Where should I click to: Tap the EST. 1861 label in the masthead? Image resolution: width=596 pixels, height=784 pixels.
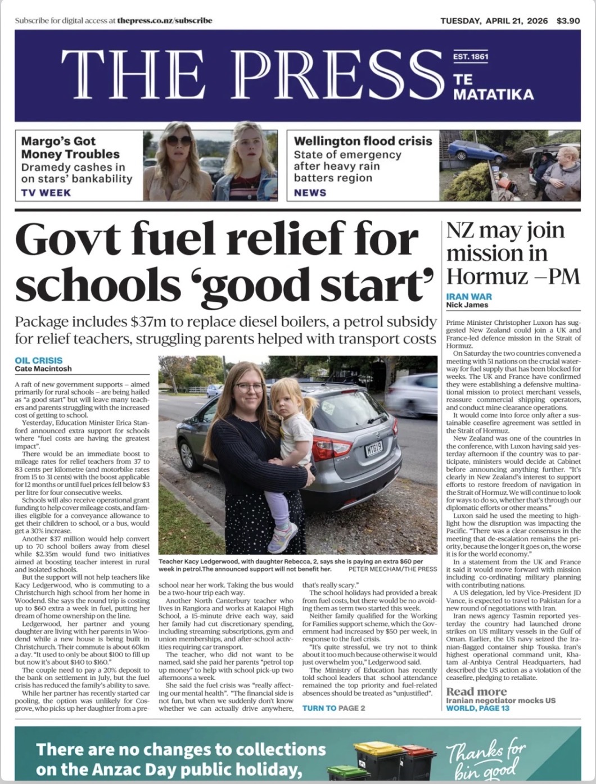471,57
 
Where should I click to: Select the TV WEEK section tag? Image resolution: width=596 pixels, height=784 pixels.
46,193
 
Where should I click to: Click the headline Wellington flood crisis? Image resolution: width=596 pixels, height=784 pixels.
363,141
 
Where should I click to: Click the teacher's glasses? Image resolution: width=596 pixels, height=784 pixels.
249,387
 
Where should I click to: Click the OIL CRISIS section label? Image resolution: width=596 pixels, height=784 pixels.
39,360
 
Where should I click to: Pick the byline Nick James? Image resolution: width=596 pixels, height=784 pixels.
467,305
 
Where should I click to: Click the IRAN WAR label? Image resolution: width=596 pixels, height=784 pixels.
469,297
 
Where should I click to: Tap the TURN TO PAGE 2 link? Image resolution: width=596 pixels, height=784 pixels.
333,708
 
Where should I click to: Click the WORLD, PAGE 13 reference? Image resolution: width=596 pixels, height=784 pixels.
477,708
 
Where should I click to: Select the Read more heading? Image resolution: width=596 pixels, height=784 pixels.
476,691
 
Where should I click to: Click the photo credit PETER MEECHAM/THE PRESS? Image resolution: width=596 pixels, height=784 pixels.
396,569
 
